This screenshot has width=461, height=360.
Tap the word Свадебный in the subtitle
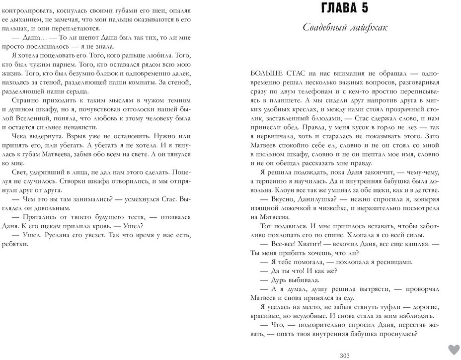point(325,27)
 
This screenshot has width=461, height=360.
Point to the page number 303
point(345,355)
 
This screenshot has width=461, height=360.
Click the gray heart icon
point(454,349)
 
